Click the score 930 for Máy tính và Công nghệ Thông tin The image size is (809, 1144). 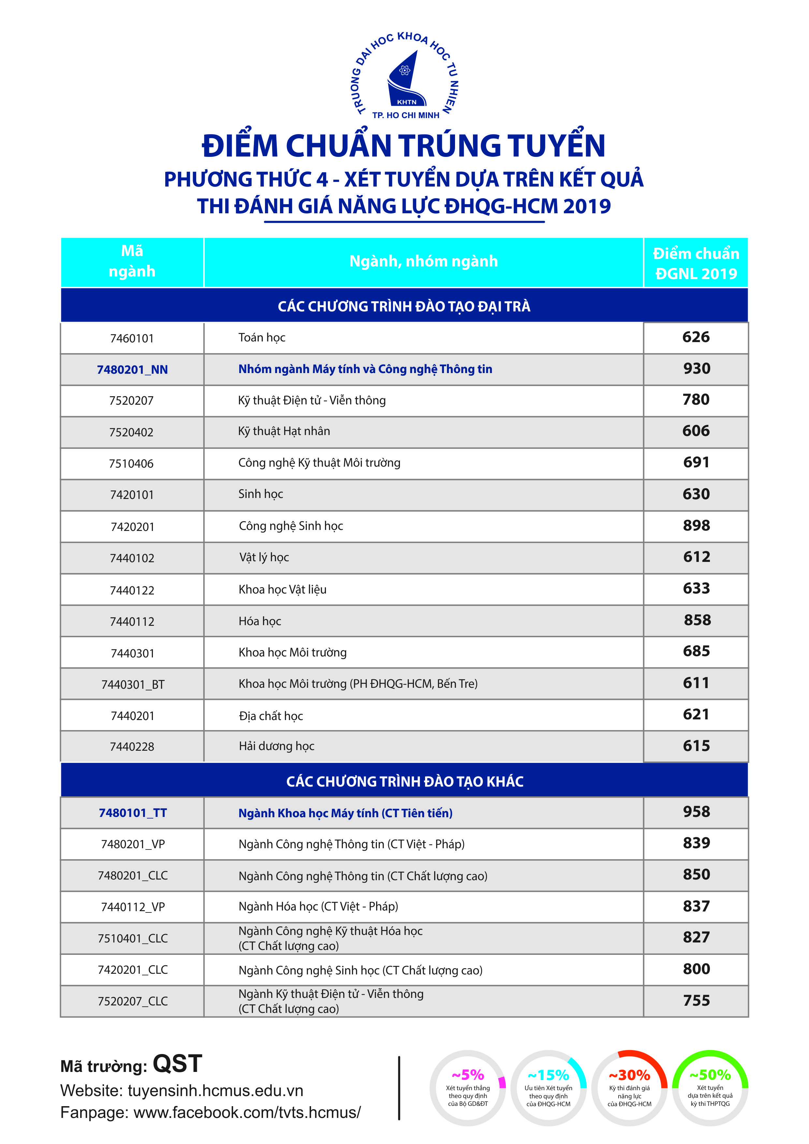pos(696,369)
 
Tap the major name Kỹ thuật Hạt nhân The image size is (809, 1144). pos(284,431)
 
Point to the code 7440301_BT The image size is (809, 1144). pos(133,685)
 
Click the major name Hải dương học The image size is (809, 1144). pos(276,746)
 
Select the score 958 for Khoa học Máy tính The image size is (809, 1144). pos(696,812)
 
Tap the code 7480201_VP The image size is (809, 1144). pos(133,844)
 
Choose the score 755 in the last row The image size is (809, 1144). pos(696,1001)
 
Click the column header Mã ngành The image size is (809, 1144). pos(132,261)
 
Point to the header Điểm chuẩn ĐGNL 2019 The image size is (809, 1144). pos(696,263)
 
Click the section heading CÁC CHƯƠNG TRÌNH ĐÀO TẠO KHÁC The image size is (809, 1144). pos(405,781)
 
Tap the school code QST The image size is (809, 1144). pos(177,1064)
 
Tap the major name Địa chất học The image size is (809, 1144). pos(271,716)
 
